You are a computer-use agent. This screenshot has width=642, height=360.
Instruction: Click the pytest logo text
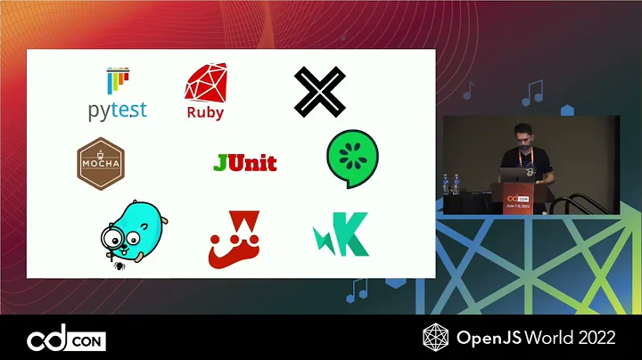(x=117, y=110)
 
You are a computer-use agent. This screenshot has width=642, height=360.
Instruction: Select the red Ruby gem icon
(x=204, y=84)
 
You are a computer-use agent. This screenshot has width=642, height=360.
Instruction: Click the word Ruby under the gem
(x=205, y=113)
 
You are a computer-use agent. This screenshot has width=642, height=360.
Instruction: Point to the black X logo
(x=319, y=92)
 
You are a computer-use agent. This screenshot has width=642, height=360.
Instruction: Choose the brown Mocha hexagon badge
(x=100, y=164)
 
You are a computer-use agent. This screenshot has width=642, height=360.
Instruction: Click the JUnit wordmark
(x=245, y=163)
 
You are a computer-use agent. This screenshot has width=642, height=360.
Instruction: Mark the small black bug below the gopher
(x=118, y=264)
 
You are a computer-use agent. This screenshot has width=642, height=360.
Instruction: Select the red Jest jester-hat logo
(x=234, y=241)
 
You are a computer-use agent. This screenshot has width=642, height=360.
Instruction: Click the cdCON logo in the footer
(x=66, y=340)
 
